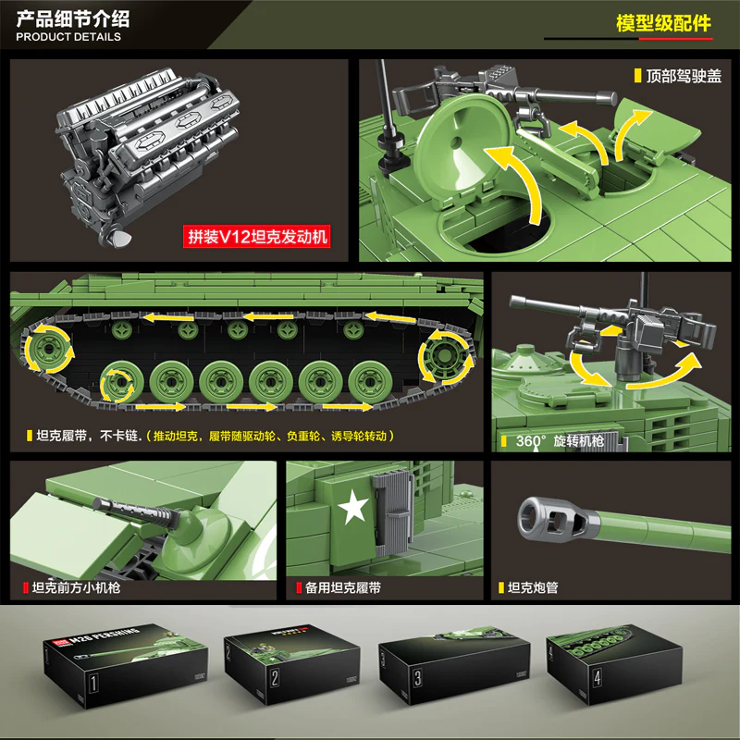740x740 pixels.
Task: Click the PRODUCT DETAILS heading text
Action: pos(68,37)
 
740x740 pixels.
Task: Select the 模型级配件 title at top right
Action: pos(663,23)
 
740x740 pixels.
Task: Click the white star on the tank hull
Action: pos(352,510)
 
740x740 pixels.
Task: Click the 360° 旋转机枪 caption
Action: pos(557,440)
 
